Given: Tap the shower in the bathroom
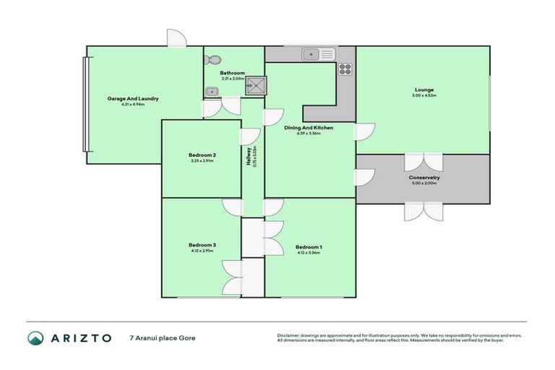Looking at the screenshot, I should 254,86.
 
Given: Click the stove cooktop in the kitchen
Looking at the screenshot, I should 345,70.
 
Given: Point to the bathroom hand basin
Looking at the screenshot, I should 211,92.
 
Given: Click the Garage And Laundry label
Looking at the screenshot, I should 133,98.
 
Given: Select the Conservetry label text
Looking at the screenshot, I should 424,177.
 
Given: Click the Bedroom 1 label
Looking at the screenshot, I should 309,246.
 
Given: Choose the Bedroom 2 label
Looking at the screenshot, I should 202,155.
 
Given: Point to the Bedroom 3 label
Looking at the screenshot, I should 203,244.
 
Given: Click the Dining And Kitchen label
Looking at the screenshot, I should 309,127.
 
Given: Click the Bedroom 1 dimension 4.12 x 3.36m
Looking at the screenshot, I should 309,253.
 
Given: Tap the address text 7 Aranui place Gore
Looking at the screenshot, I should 163,337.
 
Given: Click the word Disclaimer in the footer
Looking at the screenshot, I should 290,335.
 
